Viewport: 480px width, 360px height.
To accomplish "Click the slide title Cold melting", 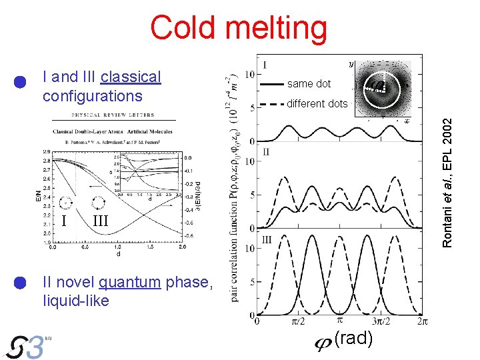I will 239,28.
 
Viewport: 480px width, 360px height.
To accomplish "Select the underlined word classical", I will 131,77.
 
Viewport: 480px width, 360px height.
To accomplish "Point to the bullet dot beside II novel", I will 20,282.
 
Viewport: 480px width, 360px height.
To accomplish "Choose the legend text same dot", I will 309,84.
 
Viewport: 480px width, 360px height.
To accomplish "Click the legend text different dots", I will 317,103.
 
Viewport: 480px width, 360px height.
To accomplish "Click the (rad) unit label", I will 354,338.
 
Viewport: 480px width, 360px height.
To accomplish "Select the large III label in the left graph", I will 100,221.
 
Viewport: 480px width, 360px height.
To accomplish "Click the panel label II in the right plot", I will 266,153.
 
